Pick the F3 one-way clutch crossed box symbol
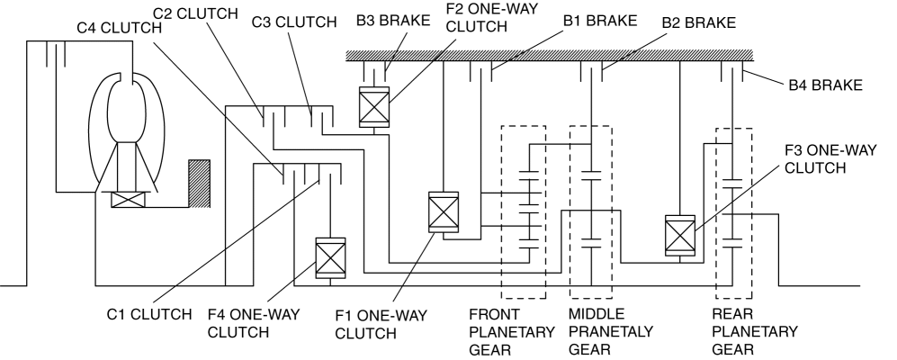coord(678,233)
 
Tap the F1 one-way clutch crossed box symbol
coord(443,212)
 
